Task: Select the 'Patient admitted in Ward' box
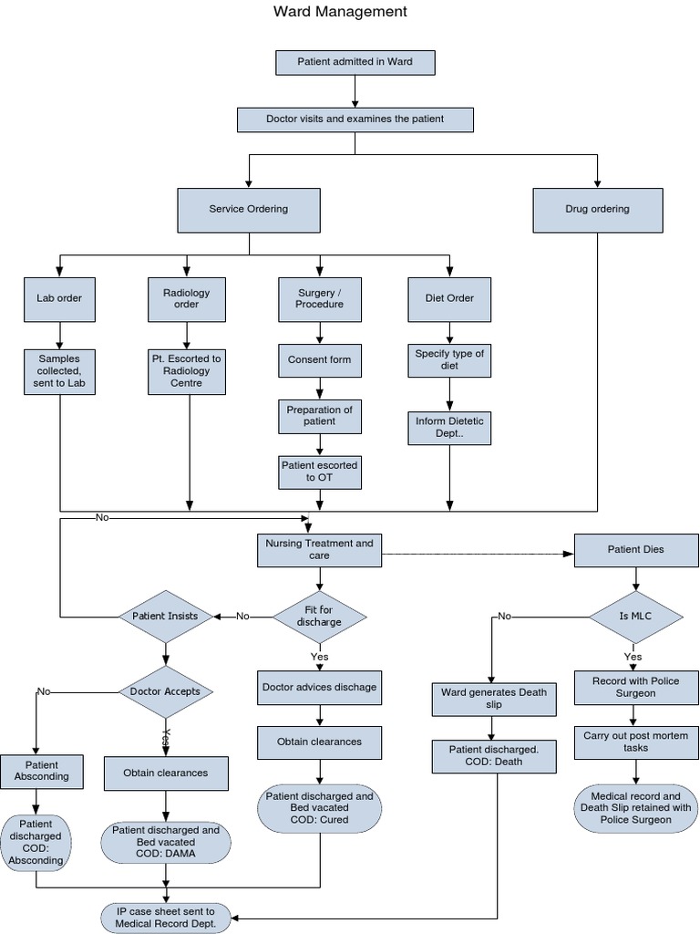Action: pos(355,62)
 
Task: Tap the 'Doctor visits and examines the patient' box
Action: pos(355,119)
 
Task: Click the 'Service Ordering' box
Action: pos(249,209)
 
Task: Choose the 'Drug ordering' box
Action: pos(597,209)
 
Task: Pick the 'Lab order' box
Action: pos(59,298)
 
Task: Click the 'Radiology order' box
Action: pos(186,298)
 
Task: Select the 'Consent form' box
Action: pos(319,359)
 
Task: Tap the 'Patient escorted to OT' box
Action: pos(319,471)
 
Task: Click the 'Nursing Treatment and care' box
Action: pos(319,549)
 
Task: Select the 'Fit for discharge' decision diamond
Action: pos(319,617)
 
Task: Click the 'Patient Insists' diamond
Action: pos(165,617)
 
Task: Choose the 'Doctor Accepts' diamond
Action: pos(166,691)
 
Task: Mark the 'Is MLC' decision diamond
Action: pos(635,617)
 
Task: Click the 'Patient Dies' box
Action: pos(635,550)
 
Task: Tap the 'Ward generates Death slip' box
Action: pos(493,699)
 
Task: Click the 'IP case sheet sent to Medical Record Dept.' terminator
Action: pos(165,918)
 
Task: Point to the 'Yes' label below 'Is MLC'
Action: pos(633,657)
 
